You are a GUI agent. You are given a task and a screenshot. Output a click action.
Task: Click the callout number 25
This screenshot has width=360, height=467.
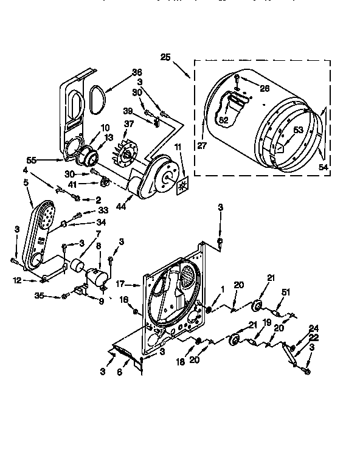click(x=165, y=59)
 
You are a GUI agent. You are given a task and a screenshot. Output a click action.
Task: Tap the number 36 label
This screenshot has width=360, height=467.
click(x=137, y=72)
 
